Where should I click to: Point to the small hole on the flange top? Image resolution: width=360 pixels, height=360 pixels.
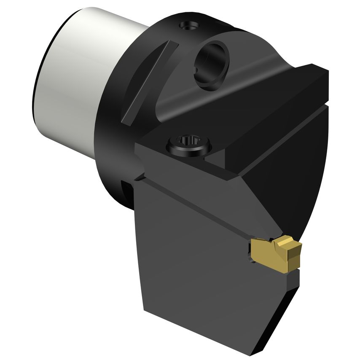tap(188, 27)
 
